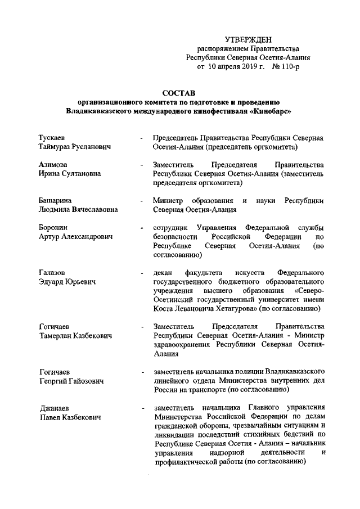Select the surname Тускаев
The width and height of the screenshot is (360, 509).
[x=55, y=138]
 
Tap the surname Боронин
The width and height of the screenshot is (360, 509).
[x=55, y=228]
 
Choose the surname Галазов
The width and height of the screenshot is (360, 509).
[x=54, y=273]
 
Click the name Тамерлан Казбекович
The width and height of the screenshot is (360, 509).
[x=74, y=335]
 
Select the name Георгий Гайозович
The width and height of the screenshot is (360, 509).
[x=72, y=381]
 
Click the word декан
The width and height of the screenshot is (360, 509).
[x=163, y=273]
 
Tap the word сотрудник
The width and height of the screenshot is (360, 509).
[x=170, y=227]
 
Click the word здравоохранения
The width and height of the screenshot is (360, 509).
[x=183, y=345]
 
